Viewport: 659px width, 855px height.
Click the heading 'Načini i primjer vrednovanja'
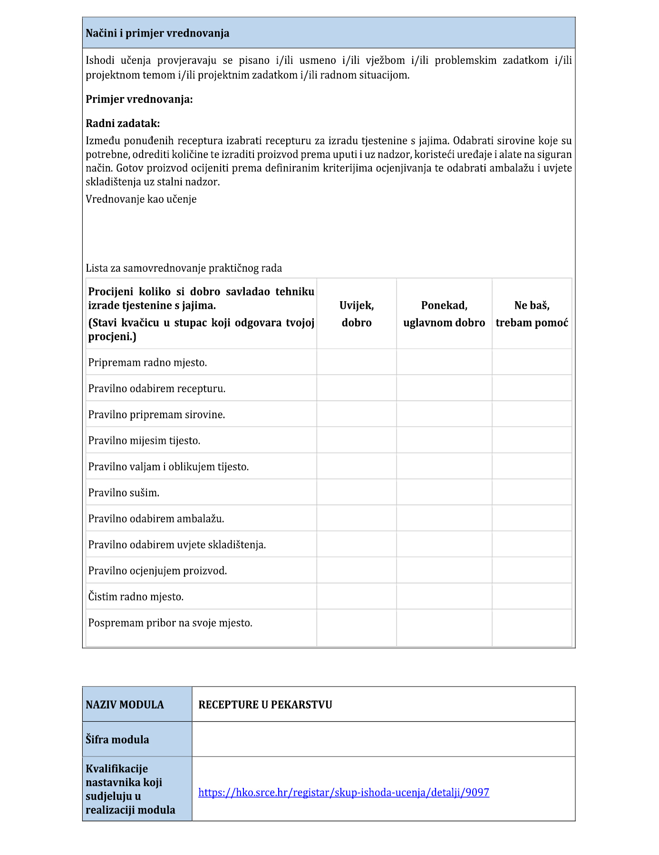[157, 33]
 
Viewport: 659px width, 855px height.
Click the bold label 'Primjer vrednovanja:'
[139, 99]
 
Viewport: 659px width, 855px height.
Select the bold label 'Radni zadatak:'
[123, 124]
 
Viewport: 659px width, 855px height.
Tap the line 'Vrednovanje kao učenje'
[141, 199]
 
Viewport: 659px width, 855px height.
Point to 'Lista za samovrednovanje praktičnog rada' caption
[184, 268]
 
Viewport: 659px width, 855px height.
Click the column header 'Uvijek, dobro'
[357, 314]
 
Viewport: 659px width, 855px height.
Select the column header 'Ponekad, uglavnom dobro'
[444, 314]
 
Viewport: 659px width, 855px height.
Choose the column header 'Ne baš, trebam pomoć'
[532, 314]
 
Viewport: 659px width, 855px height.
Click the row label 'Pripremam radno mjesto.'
[147, 363]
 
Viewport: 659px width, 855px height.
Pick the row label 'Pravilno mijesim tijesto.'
[144, 441]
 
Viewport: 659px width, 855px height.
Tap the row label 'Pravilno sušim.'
[124, 493]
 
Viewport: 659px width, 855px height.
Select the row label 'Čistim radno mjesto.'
[136, 597]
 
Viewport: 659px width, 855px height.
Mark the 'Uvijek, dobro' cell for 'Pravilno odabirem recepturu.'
[357, 388]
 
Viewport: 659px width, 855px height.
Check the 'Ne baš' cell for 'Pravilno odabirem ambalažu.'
[532, 518]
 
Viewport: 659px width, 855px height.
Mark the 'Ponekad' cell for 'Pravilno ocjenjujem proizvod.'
[444, 570]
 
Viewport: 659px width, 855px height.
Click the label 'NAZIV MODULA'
[125, 705]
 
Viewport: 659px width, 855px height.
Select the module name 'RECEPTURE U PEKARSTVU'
[265, 705]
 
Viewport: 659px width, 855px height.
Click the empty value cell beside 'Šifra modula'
[383, 739]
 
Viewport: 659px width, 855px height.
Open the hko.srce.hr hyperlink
[344, 793]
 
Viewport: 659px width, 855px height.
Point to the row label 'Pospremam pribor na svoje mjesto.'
[170, 623]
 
